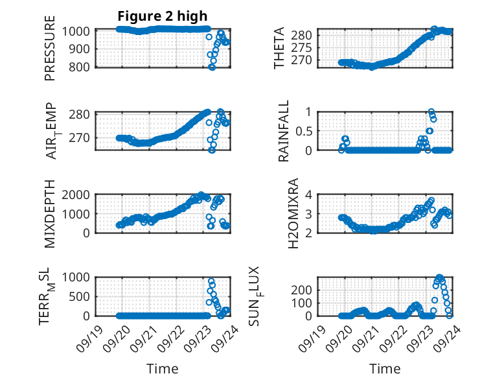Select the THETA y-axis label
(x=279, y=49)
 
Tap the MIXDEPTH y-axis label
(x=50, y=214)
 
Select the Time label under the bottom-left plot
(x=162, y=369)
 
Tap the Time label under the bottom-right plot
(x=385, y=369)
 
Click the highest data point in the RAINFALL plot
(x=431, y=112)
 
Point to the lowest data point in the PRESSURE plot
(x=212, y=67)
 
